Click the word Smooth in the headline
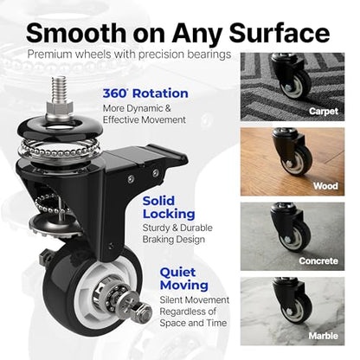(76, 33)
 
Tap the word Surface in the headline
(280, 33)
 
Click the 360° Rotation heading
(145, 93)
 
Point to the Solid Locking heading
(169, 208)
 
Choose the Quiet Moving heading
(184, 279)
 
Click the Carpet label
(324, 111)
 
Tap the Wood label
(325, 186)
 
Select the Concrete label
(318, 261)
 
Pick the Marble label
(324, 336)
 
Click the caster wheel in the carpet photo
(296, 83)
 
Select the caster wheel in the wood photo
(296, 160)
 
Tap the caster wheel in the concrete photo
(295, 235)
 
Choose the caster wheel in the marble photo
(296, 309)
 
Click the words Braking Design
(174, 240)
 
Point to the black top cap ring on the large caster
(60, 127)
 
